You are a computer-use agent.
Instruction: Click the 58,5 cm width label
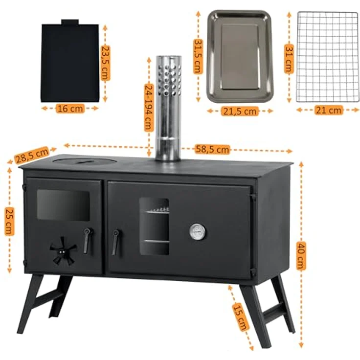coord(212,149)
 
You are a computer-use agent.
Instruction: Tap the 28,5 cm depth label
coord(32,155)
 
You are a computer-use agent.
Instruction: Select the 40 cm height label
coord(301,255)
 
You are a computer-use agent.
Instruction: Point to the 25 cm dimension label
coord(9,221)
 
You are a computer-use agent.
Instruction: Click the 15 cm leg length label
coord(240,316)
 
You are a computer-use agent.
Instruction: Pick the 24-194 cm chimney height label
coord(149,108)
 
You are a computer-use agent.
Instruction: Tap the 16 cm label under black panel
coord(70,109)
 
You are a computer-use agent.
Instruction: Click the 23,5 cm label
coord(105,63)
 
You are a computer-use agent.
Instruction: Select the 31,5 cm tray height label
coord(198,56)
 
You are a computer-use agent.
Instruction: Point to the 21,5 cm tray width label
coord(240,112)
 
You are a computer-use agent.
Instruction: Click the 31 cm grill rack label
coord(289,59)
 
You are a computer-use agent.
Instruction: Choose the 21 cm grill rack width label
coord(328,111)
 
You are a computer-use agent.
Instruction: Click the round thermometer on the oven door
coord(197,232)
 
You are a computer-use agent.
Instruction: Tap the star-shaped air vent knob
coord(63,251)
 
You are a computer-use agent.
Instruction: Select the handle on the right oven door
coord(115,242)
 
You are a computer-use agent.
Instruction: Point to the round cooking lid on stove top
coord(84,160)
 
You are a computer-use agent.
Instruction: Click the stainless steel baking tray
coord(240,56)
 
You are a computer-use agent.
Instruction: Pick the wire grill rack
coord(328,57)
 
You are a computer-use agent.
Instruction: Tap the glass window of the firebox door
coord(64,205)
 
